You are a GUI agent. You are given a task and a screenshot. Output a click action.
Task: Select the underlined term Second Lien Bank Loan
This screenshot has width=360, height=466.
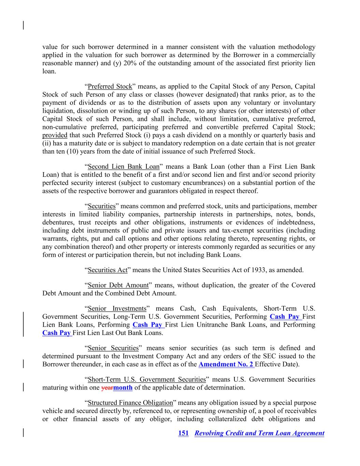pos(124,167)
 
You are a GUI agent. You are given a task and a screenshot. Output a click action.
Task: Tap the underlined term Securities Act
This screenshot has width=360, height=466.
pos(107,270)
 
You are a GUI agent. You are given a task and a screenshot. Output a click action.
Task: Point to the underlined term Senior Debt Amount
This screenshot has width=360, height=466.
pos(118,285)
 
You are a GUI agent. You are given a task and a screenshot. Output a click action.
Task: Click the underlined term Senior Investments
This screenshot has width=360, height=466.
pos(117,309)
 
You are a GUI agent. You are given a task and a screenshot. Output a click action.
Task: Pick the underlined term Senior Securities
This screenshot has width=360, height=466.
pos(113,348)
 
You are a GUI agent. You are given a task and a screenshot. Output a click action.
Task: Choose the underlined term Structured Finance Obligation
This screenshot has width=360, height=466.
pos(130,403)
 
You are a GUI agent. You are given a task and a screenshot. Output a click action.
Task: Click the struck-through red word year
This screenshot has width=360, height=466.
pos(107,387)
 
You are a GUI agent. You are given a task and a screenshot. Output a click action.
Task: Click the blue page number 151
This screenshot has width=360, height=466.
pos(183,433)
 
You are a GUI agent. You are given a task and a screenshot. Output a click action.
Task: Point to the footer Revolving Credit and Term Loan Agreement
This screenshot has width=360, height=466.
pos(259,433)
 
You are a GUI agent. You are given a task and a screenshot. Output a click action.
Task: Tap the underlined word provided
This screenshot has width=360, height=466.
pos(55,135)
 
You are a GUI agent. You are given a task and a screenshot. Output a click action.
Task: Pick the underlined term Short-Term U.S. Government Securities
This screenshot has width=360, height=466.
pos(147,379)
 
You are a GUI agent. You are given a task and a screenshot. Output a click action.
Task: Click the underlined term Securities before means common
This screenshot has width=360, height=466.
pos(102,206)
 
